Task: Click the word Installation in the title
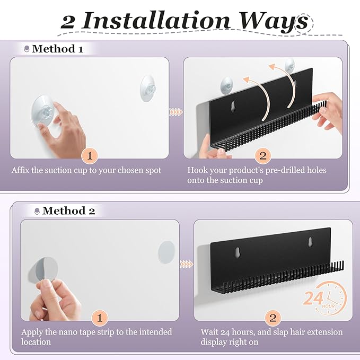(x=156, y=21)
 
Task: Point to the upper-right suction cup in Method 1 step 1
(x=148, y=89)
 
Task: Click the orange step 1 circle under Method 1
(x=90, y=156)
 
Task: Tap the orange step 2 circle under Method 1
(x=263, y=156)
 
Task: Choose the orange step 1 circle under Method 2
(x=100, y=318)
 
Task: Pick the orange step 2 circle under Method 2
(x=273, y=318)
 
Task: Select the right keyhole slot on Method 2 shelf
(x=310, y=242)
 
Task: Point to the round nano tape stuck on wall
(x=166, y=252)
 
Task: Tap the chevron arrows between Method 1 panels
(x=176, y=112)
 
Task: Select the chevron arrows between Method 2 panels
(x=186, y=264)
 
